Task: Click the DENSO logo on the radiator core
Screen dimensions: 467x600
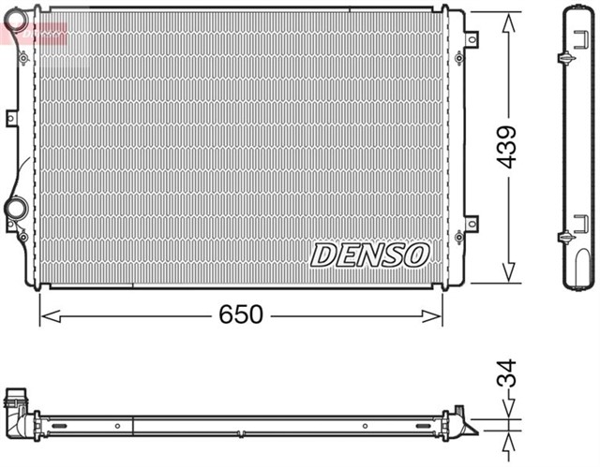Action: (x=370, y=253)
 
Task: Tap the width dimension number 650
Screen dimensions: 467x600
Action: (x=242, y=315)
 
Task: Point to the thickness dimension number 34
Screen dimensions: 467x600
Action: (x=507, y=374)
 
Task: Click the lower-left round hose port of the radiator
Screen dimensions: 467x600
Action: (x=17, y=208)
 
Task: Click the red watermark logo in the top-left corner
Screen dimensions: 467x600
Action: (x=33, y=33)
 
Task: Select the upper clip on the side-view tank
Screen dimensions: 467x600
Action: (x=565, y=58)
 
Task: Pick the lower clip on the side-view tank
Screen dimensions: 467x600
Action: (x=565, y=237)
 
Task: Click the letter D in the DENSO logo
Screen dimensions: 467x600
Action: (x=322, y=253)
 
